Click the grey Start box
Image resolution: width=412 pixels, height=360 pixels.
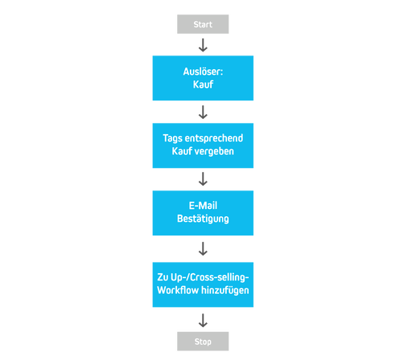coord(203,24)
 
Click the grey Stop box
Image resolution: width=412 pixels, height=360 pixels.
coord(203,341)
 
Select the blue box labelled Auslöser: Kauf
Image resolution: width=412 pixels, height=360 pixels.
coord(203,78)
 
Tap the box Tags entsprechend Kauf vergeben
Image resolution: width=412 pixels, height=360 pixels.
coord(203,145)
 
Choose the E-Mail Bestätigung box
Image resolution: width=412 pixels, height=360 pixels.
coord(203,213)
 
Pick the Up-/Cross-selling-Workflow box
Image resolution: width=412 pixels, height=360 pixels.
coord(203,284)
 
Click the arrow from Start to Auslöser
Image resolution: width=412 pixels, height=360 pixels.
coord(203,45)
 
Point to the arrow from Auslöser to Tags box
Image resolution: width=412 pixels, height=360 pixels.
coord(203,112)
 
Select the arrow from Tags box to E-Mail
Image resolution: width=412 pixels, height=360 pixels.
coord(203,179)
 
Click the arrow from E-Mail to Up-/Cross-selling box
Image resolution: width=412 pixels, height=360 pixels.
coord(203,248)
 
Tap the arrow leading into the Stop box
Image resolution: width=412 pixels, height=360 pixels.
coord(203,320)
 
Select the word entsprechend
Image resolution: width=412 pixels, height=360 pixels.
coord(215,139)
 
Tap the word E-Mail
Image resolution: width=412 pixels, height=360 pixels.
coord(203,207)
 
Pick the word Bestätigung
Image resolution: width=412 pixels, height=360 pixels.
coord(203,219)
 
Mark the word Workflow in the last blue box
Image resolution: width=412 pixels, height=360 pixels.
coord(179,290)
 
